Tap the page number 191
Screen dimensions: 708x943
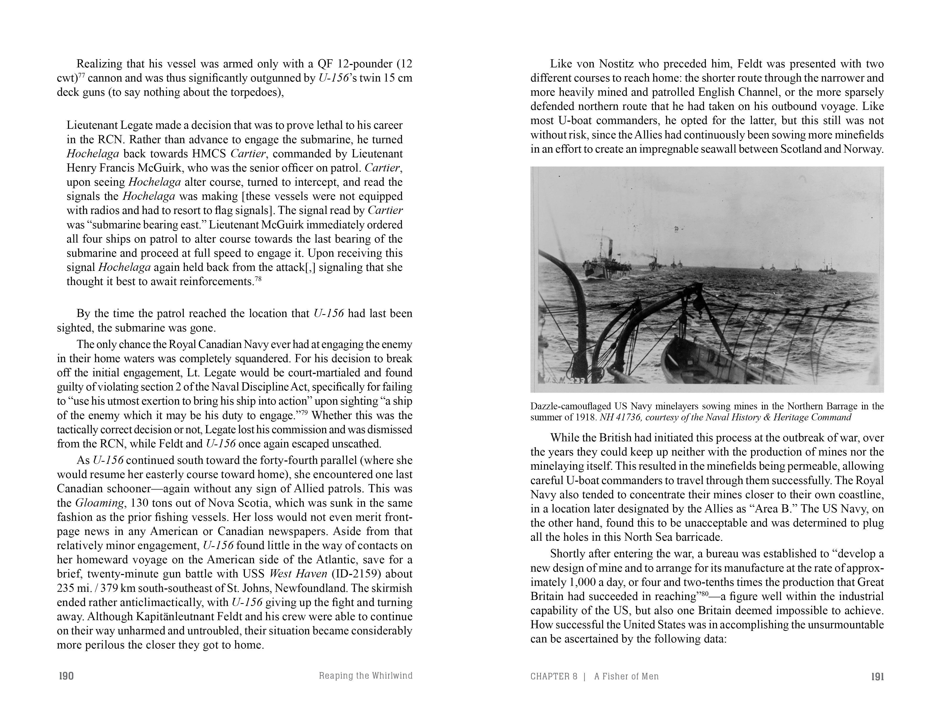click(x=877, y=677)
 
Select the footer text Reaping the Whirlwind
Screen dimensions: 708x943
click(x=365, y=675)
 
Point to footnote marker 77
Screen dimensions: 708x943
click(x=81, y=75)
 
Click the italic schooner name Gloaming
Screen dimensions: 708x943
click(x=102, y=503)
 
